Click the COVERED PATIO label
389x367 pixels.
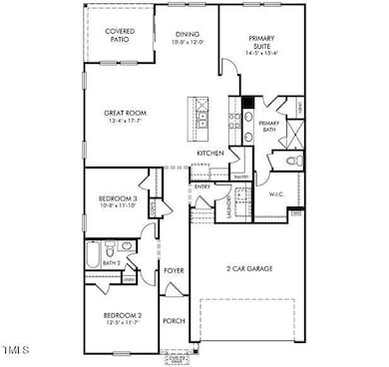(x=121, y=36)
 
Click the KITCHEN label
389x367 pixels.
(x=209, y=152)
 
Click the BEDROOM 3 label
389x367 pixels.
(x=117, y=199)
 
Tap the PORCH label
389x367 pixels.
(x=174, y=320)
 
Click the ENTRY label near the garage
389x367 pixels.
(x=202, y=185)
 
